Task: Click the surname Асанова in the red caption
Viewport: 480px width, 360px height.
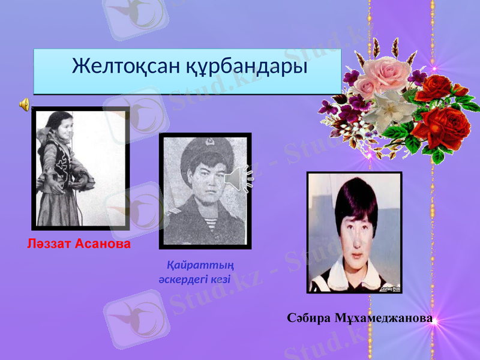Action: click(103, 245)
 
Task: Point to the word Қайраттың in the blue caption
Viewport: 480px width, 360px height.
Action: click(200, 265)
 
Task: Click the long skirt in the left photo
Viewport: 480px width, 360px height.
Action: click(60, 207)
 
